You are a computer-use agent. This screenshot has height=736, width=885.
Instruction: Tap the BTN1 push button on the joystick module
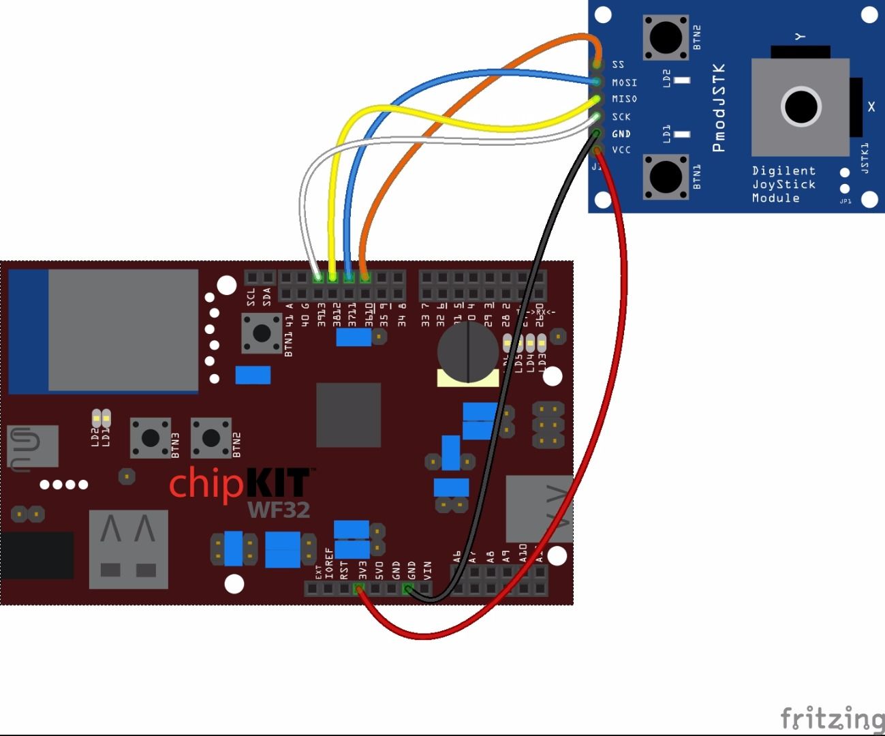coord(665,177)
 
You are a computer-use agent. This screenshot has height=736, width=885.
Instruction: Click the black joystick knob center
coord(801,106)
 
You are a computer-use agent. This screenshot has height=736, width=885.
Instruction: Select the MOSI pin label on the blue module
coord(624,82)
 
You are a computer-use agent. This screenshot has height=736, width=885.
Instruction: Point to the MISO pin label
coord(624,99)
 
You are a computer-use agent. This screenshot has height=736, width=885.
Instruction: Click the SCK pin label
coord(621,117)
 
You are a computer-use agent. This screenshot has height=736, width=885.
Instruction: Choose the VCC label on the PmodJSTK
coord(621,150)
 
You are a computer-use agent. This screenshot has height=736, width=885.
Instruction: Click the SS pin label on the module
coord(618,65)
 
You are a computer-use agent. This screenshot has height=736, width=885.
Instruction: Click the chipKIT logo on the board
coord(238,482)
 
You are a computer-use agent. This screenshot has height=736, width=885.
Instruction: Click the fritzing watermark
coord(831,718)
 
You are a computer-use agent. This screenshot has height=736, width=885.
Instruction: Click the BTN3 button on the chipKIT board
coord(150,438)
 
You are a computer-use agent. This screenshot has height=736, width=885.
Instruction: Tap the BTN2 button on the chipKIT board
coord(211,438)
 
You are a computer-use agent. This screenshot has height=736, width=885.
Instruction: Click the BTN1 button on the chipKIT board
coord(262,333)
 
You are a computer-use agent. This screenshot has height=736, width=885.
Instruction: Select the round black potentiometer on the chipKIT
coord(467,352)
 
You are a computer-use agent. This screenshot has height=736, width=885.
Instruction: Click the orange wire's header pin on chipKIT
coord(365,277)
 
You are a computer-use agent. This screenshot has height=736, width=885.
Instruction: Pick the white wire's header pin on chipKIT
coord(317,277)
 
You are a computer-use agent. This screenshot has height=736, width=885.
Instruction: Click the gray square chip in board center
coord(348,414)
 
